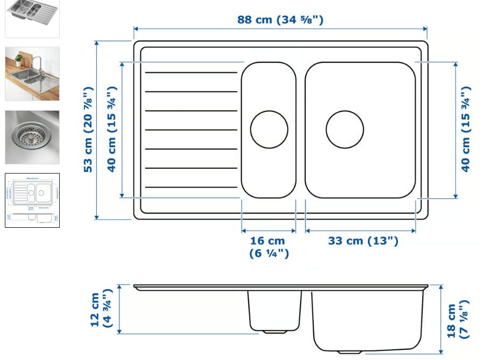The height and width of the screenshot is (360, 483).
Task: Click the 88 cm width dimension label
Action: [x=280, y=20]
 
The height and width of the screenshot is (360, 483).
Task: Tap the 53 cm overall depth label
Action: [x=88, y=129]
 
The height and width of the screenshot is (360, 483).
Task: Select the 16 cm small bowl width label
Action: [x=268, y=247]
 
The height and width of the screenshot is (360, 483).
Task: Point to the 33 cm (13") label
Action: [x=363, y=241]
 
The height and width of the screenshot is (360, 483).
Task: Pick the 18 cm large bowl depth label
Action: [x=457, y=320]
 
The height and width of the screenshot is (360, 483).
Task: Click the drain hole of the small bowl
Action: [x=269, y=129]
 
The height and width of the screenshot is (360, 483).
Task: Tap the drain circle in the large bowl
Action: [x=345, y=129]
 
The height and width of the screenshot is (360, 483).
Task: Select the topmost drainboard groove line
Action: [x=191, y=73]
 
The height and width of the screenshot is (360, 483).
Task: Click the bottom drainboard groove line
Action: [x=191, y=187]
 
